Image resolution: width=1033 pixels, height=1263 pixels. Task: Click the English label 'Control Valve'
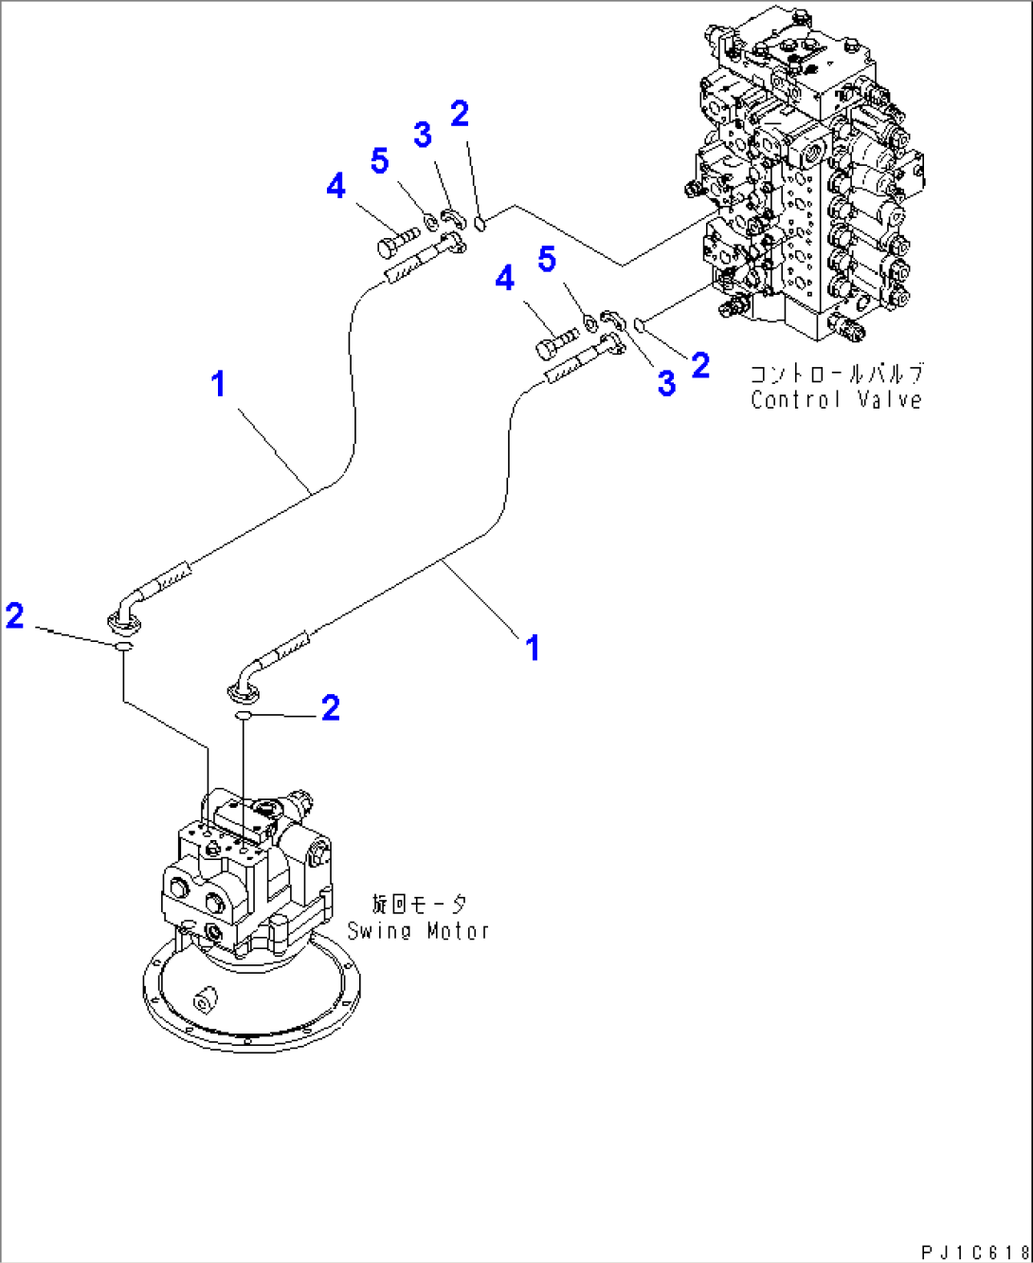(x=836, y=400)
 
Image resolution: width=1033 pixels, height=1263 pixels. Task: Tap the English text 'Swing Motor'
(x=418, y=931)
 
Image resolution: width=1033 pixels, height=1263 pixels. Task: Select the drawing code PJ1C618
(x=973, y=1254)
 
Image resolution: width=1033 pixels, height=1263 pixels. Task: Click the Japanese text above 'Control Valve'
(x=836, y=374)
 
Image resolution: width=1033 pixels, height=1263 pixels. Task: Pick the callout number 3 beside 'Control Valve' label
(x=666, y=383)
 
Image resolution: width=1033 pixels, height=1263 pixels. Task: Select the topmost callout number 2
(x=460, y=114)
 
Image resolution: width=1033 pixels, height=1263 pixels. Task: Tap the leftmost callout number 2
(x=15, y=615)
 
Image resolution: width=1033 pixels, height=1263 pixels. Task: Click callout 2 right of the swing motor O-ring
(x=330, y=707)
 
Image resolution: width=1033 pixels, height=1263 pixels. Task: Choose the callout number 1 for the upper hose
(x=219, y=384)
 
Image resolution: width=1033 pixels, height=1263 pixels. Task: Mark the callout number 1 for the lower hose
(x=533, y=648)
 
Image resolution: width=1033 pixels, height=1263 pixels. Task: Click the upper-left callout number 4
(x=335, y=186)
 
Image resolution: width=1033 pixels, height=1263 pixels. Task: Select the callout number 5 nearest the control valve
(x=547, y=259)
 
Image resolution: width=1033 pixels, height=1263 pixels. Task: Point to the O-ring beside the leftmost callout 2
(x=123, y=647)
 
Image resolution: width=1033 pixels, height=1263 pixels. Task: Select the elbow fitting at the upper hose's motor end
(x=126, y=612)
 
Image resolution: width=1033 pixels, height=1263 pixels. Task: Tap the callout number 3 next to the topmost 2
(x=423, y=135)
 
